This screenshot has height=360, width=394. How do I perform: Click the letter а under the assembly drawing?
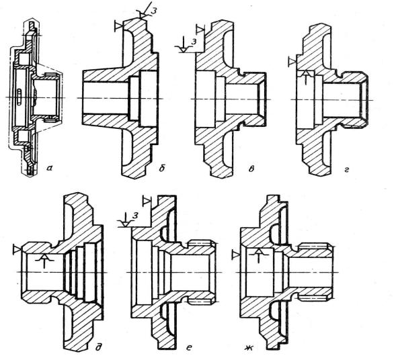49,169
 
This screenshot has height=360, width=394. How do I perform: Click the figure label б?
162,168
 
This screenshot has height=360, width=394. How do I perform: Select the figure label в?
251,169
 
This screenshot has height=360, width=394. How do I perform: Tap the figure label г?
347,170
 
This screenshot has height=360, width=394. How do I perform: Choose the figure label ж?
249,347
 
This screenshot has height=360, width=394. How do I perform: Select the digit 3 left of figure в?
194,42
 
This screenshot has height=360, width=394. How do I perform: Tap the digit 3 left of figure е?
135,215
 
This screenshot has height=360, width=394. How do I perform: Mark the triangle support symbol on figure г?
292,62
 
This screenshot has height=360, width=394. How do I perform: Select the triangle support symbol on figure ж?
236,255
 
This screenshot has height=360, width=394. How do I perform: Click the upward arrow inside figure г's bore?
305,77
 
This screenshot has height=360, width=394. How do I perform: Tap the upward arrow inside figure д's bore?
44,261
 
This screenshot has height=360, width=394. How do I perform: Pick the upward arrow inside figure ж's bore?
259,256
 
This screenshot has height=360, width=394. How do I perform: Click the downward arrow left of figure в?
184,44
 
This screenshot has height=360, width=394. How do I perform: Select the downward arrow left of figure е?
125,220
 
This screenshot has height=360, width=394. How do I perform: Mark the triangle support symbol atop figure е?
147,201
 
